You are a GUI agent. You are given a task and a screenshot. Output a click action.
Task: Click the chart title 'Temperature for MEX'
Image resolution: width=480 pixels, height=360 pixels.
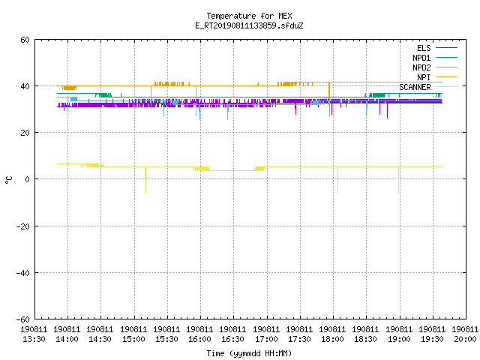coord(249,16)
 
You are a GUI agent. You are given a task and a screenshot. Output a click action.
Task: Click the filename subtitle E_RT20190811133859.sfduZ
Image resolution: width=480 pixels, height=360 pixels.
coord(249,25)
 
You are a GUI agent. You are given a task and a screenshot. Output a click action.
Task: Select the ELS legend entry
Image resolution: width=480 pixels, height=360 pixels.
coord(437,48)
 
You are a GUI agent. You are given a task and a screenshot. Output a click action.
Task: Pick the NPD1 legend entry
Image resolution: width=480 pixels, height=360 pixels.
coord(435,58)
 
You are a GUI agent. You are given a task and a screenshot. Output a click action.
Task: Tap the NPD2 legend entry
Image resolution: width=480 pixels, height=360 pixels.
coord(435,67)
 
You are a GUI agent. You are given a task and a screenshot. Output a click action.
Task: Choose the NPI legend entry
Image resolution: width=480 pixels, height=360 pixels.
coord(437,77)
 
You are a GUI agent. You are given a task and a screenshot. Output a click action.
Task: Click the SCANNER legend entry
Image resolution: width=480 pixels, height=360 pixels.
coord(428,87)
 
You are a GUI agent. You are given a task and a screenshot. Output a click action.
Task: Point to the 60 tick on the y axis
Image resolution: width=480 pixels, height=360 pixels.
coord(25,40)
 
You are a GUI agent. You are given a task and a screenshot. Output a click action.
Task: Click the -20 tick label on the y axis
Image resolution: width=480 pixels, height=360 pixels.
coord(23,226)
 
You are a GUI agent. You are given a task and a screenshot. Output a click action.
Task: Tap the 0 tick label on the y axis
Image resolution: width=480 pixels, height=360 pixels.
coord(28,179)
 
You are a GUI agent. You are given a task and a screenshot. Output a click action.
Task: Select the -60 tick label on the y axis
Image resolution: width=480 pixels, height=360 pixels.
coord(23,319)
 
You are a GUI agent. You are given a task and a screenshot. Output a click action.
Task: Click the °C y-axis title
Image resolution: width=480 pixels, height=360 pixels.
coord(9,180)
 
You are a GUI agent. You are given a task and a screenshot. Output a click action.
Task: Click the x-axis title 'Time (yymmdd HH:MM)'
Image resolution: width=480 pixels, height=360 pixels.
coord(249,353)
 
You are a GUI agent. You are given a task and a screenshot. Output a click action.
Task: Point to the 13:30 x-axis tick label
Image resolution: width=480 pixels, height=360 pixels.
coord(34,334)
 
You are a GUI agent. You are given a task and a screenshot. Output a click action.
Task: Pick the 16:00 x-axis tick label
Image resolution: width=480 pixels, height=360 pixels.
coord(199,334)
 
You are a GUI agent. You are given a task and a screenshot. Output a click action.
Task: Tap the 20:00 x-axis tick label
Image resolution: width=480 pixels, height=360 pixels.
coord(465,334)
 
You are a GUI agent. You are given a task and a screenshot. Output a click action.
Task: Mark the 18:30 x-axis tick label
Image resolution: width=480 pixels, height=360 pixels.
coord(365,334)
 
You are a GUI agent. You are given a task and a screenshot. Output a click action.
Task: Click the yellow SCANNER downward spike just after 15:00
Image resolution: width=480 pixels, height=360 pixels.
coord(145,180)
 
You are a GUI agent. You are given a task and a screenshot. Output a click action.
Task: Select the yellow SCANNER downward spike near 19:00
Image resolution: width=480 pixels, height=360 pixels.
coord(398,180)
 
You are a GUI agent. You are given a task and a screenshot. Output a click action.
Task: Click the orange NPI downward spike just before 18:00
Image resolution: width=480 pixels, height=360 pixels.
coord(329,99)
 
